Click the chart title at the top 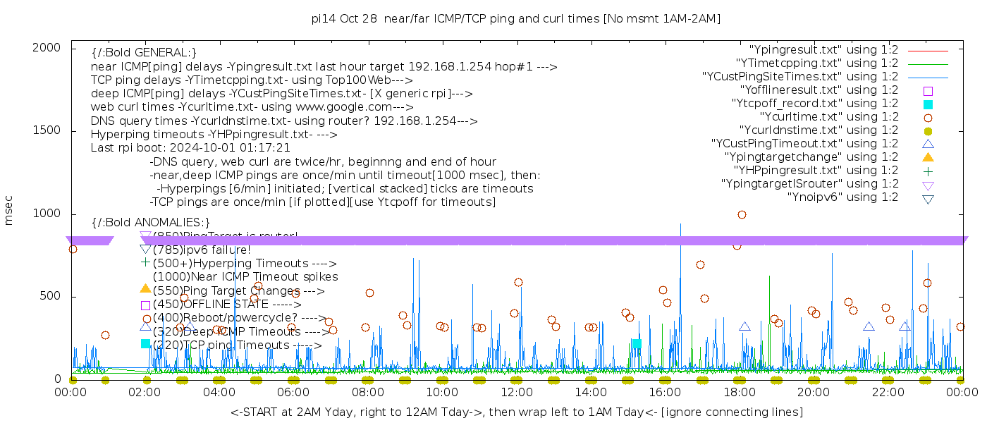point(515,19)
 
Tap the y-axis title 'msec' point(9,211)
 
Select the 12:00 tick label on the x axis point(516,392)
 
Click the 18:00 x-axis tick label point(739,392)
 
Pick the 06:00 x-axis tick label point(293,392)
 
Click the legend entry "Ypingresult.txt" point(823,50)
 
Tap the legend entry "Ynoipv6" point(842,197)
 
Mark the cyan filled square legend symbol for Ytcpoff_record point(928,104)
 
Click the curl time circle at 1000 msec point(742,214)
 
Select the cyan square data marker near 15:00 point(637,344)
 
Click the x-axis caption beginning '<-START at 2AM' point(516,412)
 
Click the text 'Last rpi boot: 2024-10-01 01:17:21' point(190,148)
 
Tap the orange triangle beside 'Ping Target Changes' point(145,288)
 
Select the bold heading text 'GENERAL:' point(144,53)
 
